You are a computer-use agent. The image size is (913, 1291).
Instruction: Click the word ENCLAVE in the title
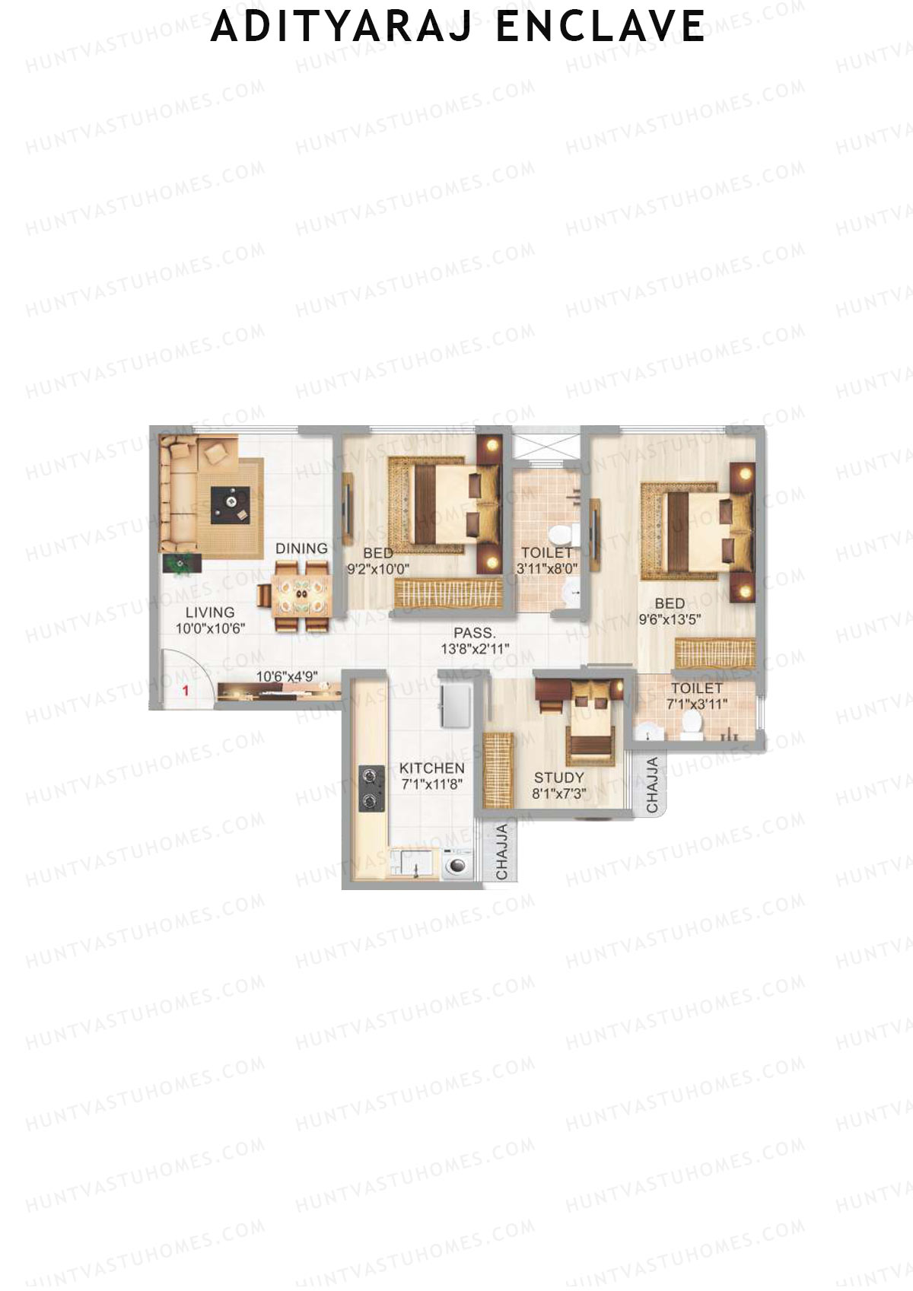[x=600, y=27]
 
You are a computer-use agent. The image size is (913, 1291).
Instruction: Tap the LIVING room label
[x=210, y=612]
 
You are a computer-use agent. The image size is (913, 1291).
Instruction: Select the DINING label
[x=301, y=549]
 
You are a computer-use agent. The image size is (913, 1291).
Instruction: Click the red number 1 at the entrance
[x=184, y=691]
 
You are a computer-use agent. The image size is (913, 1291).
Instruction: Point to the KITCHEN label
[x=431, y=768]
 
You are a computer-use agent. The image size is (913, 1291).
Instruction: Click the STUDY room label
[x=558, y=777]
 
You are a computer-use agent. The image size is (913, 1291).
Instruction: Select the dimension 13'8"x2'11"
[x=475, y=649]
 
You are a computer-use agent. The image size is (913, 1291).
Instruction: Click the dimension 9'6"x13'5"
[x=670, y=619]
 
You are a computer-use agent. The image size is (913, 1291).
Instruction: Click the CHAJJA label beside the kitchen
[x=501, y=852]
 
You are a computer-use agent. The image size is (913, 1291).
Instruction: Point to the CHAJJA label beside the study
[x=652, y=785]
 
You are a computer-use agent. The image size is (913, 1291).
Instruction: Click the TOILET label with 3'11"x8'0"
[x=546, y=552]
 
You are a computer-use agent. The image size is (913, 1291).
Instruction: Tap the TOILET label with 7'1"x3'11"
[x=697, y=688]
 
